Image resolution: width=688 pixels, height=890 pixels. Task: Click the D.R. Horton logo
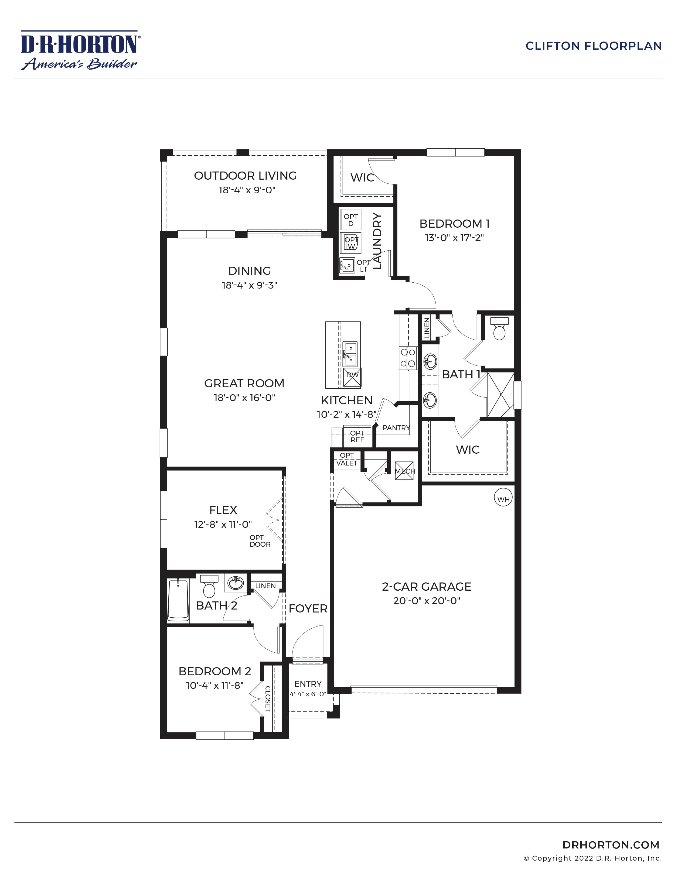pos(80,50)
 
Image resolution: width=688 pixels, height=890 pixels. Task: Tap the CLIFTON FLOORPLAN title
pos(594,46)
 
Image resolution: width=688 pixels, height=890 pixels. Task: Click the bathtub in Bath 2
pos(178,600)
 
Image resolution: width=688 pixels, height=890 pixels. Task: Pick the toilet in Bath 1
pos(499,328)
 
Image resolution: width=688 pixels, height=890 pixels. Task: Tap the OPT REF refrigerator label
pos(357,436)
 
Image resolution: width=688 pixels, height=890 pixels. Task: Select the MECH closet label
pos(405,471)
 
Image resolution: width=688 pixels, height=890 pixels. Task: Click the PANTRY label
pos(396,427)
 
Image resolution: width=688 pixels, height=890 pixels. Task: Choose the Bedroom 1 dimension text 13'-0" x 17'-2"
pos(454,238)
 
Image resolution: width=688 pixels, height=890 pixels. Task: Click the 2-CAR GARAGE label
pos(426,586)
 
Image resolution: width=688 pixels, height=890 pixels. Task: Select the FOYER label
pos(308,608)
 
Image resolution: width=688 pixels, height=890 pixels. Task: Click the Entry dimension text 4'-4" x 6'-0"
pos(308,694)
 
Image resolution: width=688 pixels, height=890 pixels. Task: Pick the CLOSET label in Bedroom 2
pos(268,699)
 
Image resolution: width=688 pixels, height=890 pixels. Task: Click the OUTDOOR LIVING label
pos(245,176)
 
